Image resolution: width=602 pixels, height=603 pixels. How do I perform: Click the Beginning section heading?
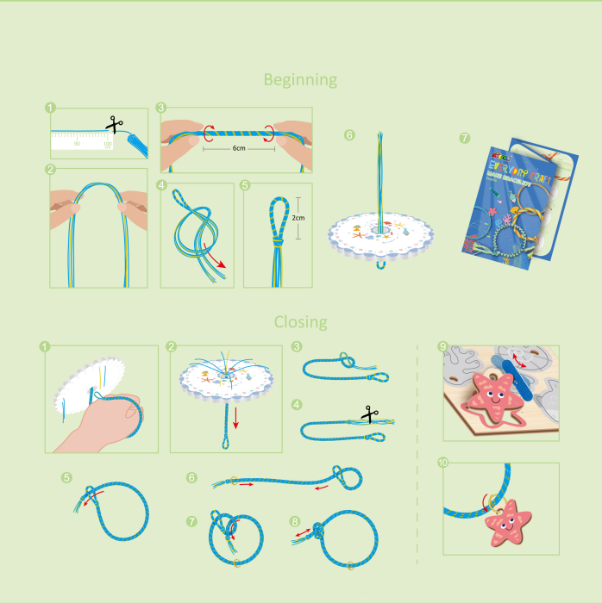[x=300, y=80]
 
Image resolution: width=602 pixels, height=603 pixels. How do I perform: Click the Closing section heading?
[x=300, y=322]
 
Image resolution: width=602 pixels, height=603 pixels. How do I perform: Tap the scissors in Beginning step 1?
[x=112, y=126]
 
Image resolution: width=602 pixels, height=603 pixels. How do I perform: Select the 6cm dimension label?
[x=239, y=147]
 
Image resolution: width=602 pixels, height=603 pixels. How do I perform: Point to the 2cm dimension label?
[x=298, y=219]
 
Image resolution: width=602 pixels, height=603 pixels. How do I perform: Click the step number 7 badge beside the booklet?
[x=465, y=138]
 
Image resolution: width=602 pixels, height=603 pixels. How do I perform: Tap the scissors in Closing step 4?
[x=370, y=414]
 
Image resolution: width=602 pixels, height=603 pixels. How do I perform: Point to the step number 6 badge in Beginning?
[x=348, y=135]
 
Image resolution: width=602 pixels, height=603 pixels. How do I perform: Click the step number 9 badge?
[x=443, y=347]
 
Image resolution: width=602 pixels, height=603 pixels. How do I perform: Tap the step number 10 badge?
[x=443, y=463]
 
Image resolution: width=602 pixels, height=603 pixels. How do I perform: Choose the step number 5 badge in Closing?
[x=66, y=476]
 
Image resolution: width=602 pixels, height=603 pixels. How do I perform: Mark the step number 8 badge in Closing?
[x=296, y=521]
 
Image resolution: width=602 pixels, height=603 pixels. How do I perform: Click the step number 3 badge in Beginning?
[x=161, y=108]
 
